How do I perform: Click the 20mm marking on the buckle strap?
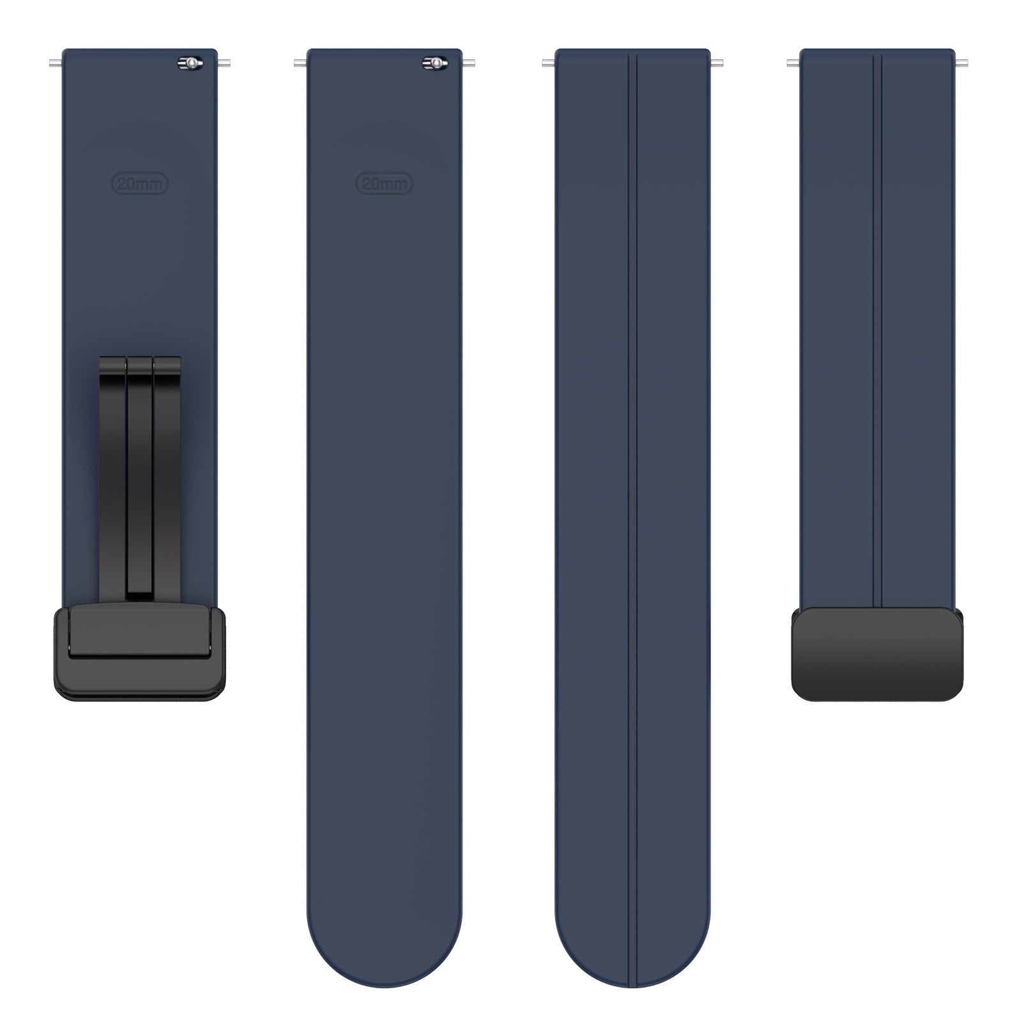pyautogui.click(x=141, y=184)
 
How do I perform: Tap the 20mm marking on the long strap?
pyautogui.click(x=385, y=184)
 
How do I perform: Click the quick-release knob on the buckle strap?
pyautogui.click(x=190, y=63)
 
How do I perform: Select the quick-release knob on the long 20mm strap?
pyautogui.click(x=434, y=63)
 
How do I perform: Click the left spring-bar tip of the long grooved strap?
pyautogui.click(x=547, y=63)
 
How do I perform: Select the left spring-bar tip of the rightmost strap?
pyautogui.click(x=793, y=63)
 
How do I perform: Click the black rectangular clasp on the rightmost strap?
pyautogui.click(x=877, y=653)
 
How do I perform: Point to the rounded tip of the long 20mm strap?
pyautogui.click(x=385, y=958)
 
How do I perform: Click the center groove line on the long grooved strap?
pyautogui.click(x=633, y=511)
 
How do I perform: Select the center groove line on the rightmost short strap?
pyautogui.click(x=878, y=319)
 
